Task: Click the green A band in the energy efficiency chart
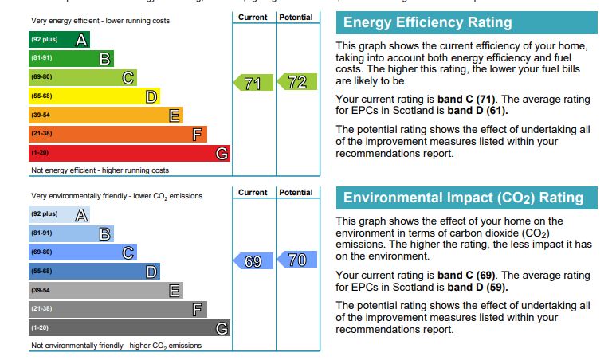pyautogui.click(x=59, y=39)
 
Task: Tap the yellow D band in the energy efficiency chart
pyautogui.click(x=94, y=96)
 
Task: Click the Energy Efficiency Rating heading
pyautogui.click(x=427, y=22)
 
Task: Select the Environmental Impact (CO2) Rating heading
pyautogui.click(x=463, y=198)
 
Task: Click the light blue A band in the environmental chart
pyautogui.click(x=59, y=214)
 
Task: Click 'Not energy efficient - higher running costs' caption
pyautogui.click(x=100, y=170)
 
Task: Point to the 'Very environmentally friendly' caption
pyautogui.click(x=116, y=196)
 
